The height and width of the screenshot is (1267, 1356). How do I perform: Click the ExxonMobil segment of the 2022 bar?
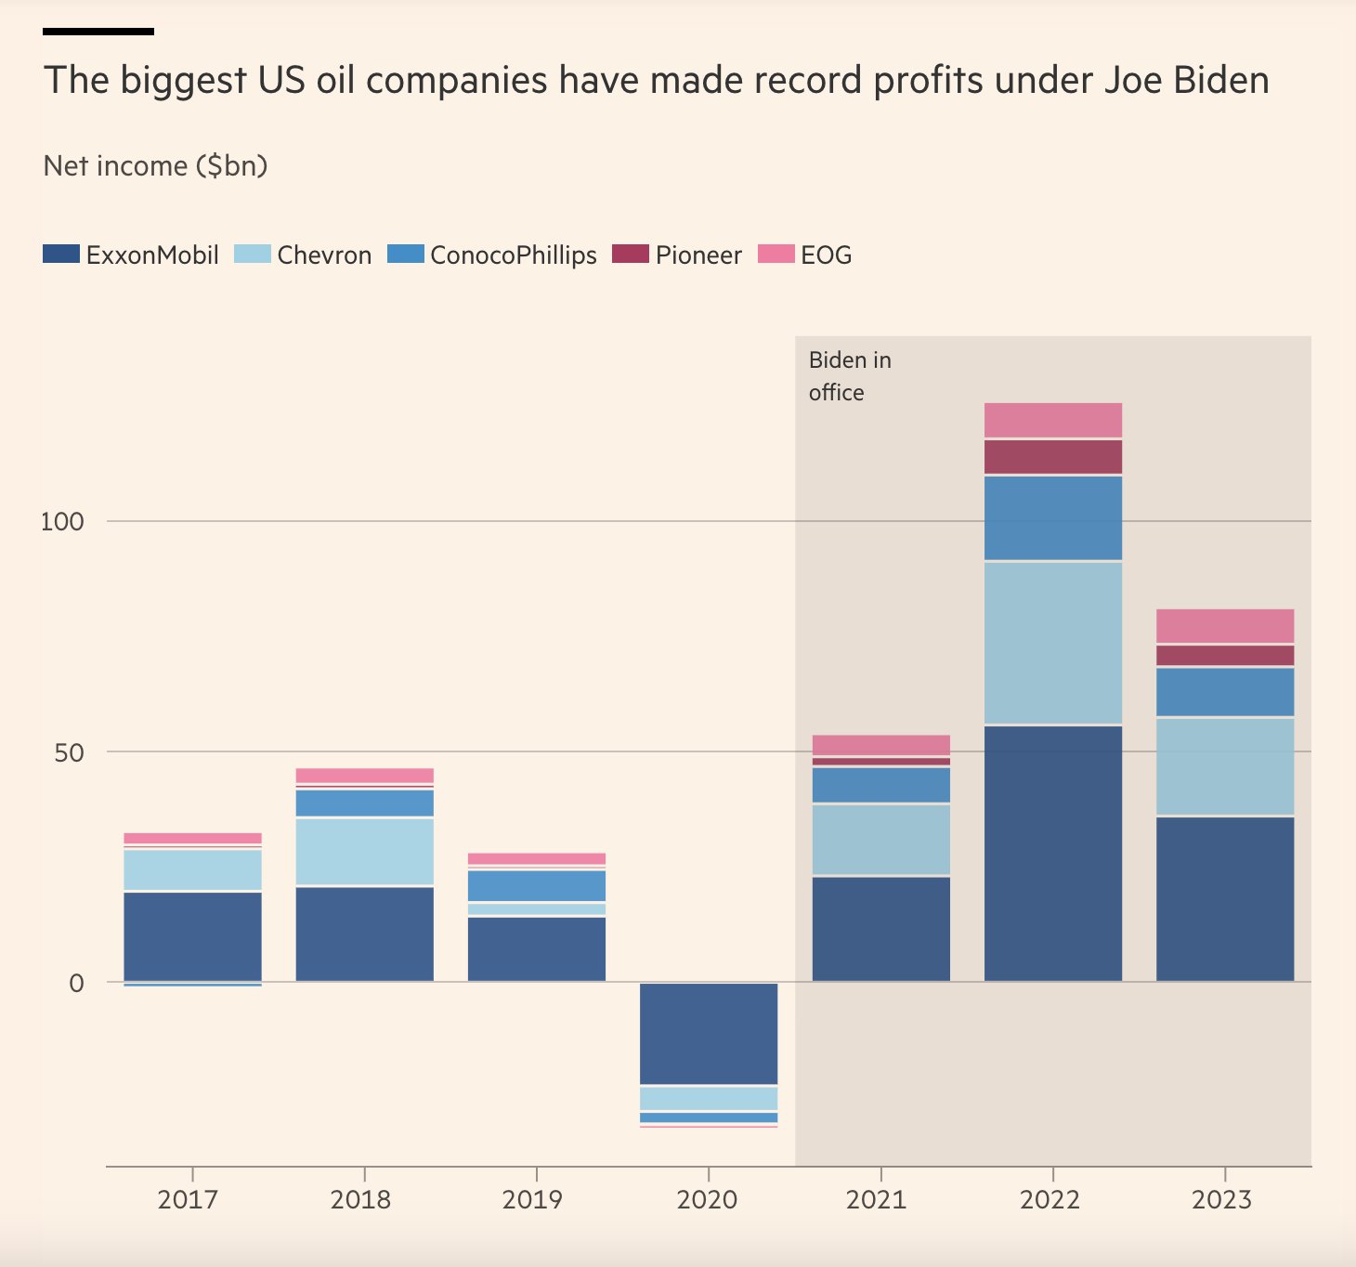click(1053, 853)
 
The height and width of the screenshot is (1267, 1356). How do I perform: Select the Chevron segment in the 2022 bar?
click(1053, 643)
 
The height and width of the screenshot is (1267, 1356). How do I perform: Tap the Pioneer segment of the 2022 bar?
click(1053, 457)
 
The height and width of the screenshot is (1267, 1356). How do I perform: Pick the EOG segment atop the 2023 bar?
click(1225, 626)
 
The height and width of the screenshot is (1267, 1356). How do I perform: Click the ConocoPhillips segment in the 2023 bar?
click(1225, 692)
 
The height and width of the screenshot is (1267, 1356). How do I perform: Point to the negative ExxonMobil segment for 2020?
click(709, 1033)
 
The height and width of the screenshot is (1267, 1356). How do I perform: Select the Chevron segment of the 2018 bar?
click(365, 851)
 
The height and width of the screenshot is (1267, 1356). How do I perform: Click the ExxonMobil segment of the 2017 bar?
click(193, 935)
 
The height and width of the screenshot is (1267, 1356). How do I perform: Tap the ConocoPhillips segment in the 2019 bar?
click(537, 885)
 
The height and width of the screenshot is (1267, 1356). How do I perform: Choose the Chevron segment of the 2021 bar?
click(881, 839)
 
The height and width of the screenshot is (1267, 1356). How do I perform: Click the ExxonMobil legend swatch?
click(61, 255)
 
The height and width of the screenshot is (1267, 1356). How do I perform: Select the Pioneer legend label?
click(698, 255)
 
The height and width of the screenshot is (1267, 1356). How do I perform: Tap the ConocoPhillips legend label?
click(514, 255)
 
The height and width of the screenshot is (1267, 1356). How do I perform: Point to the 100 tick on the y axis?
click(62, 521)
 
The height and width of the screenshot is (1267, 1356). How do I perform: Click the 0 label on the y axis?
click(76, 983)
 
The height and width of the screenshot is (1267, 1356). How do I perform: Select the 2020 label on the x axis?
click(707, 1199)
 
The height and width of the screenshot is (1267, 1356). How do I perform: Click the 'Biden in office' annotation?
click(849, 376)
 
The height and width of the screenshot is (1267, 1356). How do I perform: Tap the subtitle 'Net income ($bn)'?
click(155, 166)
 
